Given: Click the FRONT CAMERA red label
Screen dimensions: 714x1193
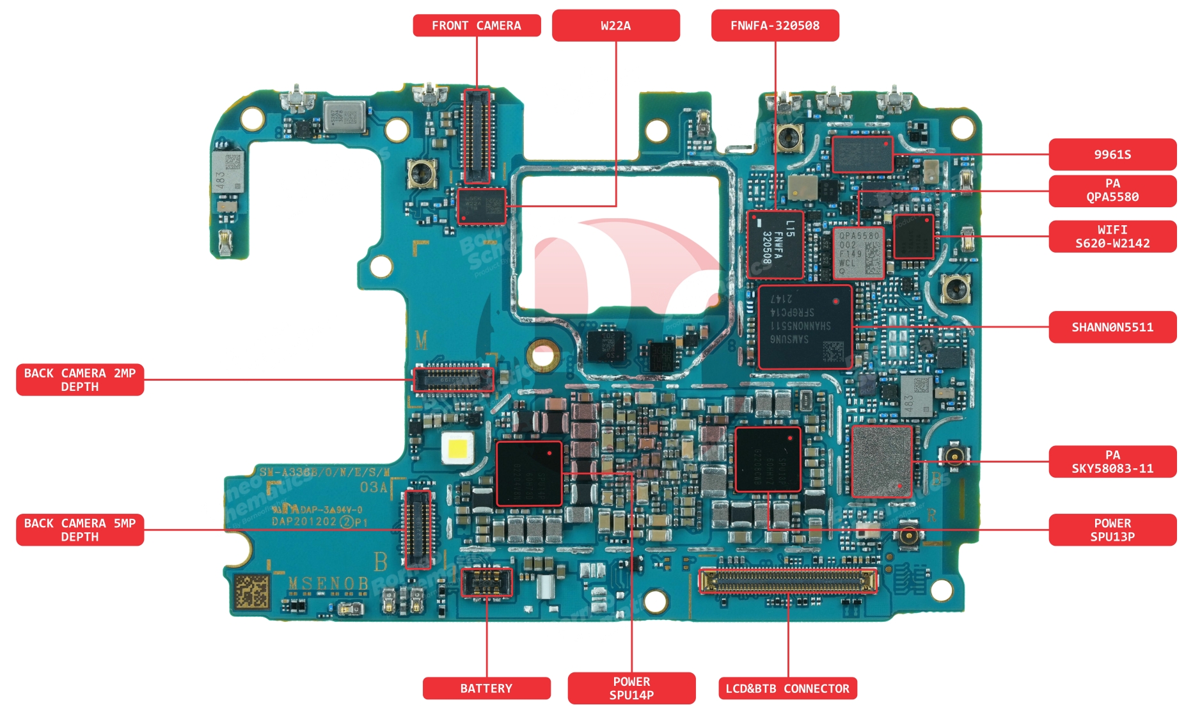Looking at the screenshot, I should (477, 26).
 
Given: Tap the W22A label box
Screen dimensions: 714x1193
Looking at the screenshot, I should (615, 26).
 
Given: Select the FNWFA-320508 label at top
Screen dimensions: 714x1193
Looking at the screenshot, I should (775, 26).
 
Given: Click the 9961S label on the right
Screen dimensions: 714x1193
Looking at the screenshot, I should (1112, 154).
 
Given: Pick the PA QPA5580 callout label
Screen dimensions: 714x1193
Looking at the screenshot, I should (1112, 191).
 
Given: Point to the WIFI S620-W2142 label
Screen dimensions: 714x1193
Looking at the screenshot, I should (1112, 236).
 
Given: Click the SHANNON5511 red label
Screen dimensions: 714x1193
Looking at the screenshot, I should (1112, 327).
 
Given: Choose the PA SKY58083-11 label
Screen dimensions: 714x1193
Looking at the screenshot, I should (1112, 461).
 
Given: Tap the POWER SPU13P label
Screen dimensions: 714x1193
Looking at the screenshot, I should (1112, 530).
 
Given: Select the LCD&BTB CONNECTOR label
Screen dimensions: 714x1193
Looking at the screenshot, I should (787, 688).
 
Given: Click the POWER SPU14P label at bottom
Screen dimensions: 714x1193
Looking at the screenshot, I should (631, 688).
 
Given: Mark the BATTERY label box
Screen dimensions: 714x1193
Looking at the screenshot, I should (486, 688).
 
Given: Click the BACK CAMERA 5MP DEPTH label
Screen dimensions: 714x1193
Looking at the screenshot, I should (80, 530).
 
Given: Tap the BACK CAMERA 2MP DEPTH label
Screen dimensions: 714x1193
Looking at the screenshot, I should (80, 379).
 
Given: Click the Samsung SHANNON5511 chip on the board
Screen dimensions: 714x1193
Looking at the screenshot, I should (805, 326).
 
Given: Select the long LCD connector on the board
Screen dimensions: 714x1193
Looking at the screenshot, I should (787, 580).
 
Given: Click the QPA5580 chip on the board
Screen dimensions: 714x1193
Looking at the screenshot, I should (858, 253).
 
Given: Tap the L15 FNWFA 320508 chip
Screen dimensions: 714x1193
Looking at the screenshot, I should (775, 244).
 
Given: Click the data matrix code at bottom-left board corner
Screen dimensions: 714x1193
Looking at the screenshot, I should (251, 591).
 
